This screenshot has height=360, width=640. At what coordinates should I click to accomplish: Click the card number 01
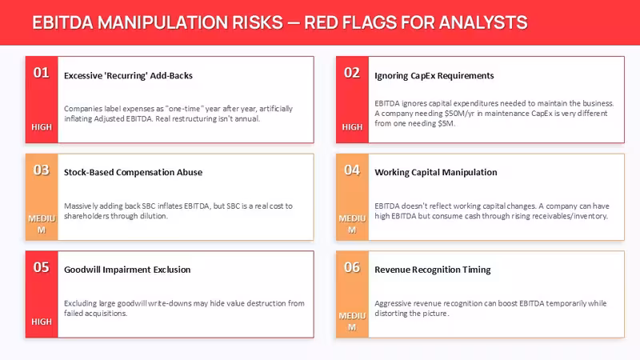(x=42, y=73)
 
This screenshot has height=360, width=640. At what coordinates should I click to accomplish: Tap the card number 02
(x=352, y=73)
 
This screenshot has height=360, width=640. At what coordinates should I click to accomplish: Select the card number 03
(x=42, y=170)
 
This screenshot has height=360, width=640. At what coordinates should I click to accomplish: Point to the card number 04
(x=352, y=170)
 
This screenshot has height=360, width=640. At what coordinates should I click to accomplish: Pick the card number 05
(x=42, y=267)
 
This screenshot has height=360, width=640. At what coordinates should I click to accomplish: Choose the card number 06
(x=352, y=267)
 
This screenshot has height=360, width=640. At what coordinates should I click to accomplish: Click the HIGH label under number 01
(x=42, y=127)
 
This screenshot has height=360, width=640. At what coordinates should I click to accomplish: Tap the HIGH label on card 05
(x=42, y=322)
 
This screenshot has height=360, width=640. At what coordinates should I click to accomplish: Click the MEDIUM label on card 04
(x=352, y=224)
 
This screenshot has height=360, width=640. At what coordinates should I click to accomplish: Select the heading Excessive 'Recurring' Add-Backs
(x=128, y=75)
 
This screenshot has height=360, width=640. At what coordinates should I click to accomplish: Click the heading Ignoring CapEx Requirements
(x=434, y=75)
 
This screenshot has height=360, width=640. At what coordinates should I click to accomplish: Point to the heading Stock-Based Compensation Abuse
(x=133, y=172)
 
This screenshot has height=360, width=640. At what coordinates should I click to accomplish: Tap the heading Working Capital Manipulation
(x=436, y=172)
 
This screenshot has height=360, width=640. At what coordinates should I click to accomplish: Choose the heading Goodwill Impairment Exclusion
(x=127, y=270)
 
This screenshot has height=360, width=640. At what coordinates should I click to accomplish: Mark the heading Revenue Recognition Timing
(x=433, y=270)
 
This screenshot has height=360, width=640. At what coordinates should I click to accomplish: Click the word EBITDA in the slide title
(x=63, y=22)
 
